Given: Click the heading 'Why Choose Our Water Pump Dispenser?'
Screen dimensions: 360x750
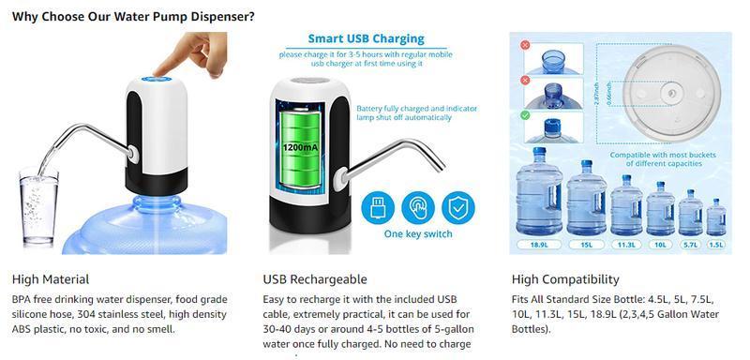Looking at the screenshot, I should [133, 16].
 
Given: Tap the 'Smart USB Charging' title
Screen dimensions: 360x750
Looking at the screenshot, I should [366, 39].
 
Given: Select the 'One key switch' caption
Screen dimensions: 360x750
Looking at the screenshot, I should [418, 234].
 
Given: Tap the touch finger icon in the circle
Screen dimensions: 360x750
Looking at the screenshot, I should [417, 206].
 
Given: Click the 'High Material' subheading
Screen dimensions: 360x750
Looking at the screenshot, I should [51, 279].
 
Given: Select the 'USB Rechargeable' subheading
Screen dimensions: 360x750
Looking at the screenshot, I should [314, 279].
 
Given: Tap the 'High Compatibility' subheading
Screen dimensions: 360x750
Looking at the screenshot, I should [565, 279].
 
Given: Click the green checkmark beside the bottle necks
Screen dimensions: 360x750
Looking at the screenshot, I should [525, 115].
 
